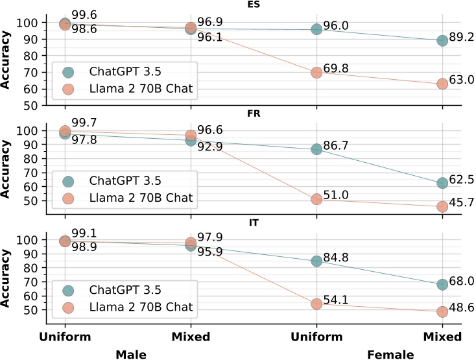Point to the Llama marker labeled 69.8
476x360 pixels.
[316, 73]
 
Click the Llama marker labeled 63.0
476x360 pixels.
[442, 84]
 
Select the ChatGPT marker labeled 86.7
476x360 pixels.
[316, 149]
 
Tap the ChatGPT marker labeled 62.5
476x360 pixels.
[442, 183]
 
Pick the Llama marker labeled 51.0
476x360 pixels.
[316, 199]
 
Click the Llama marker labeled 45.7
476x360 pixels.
[442, 207]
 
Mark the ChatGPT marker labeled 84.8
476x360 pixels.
[316, 261]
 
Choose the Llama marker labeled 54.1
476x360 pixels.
[316, 304]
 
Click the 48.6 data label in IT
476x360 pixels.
[462, 309]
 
